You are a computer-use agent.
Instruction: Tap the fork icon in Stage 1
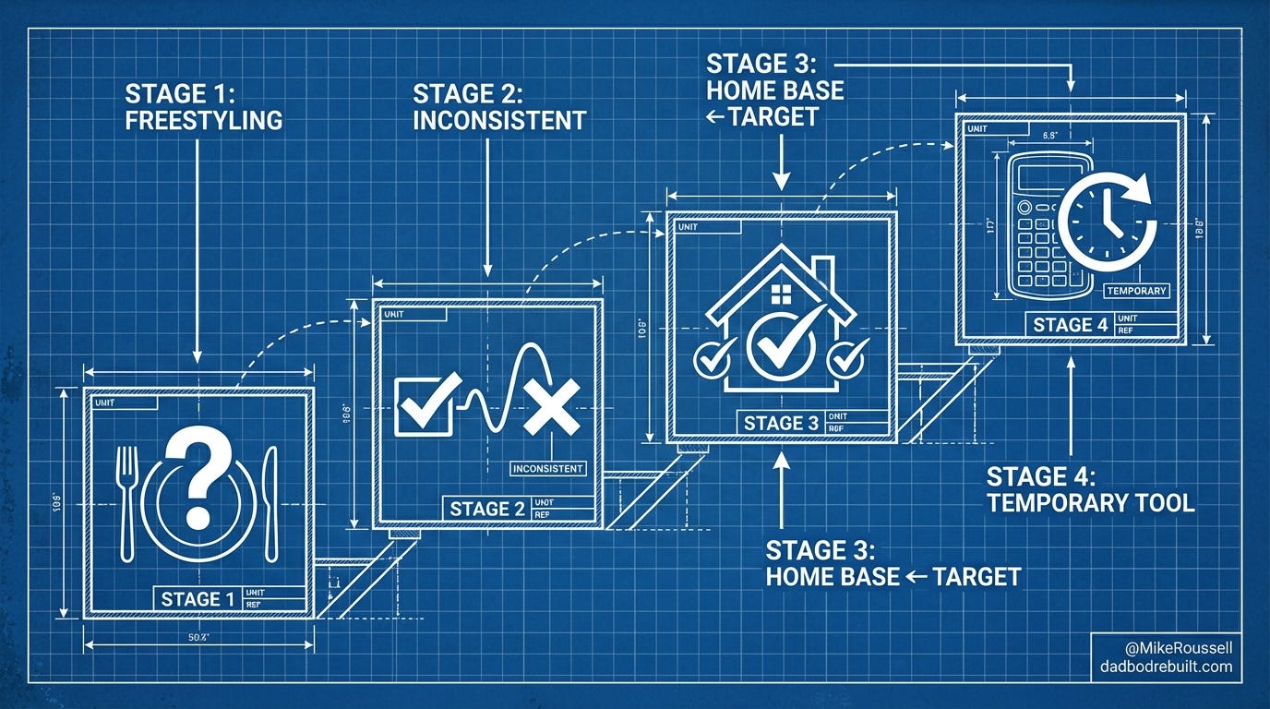point(127,501)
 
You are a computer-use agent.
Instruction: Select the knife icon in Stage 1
point(270,503)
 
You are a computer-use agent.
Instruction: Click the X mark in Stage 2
point(551,406)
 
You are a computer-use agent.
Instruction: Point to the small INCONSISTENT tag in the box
point(549,468)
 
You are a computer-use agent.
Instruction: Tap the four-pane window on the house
point(781,294)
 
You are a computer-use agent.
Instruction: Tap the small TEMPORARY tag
point(1136,291)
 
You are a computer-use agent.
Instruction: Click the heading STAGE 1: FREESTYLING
point(203,106)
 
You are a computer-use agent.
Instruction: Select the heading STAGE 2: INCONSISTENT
point(498,106)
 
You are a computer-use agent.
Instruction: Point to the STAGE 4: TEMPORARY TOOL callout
point(1090,489)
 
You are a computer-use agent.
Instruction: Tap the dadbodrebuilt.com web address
point(1165,667)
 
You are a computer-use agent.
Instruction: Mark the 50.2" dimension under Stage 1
point(197,638)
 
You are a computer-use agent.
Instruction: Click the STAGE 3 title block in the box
point(781,423)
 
